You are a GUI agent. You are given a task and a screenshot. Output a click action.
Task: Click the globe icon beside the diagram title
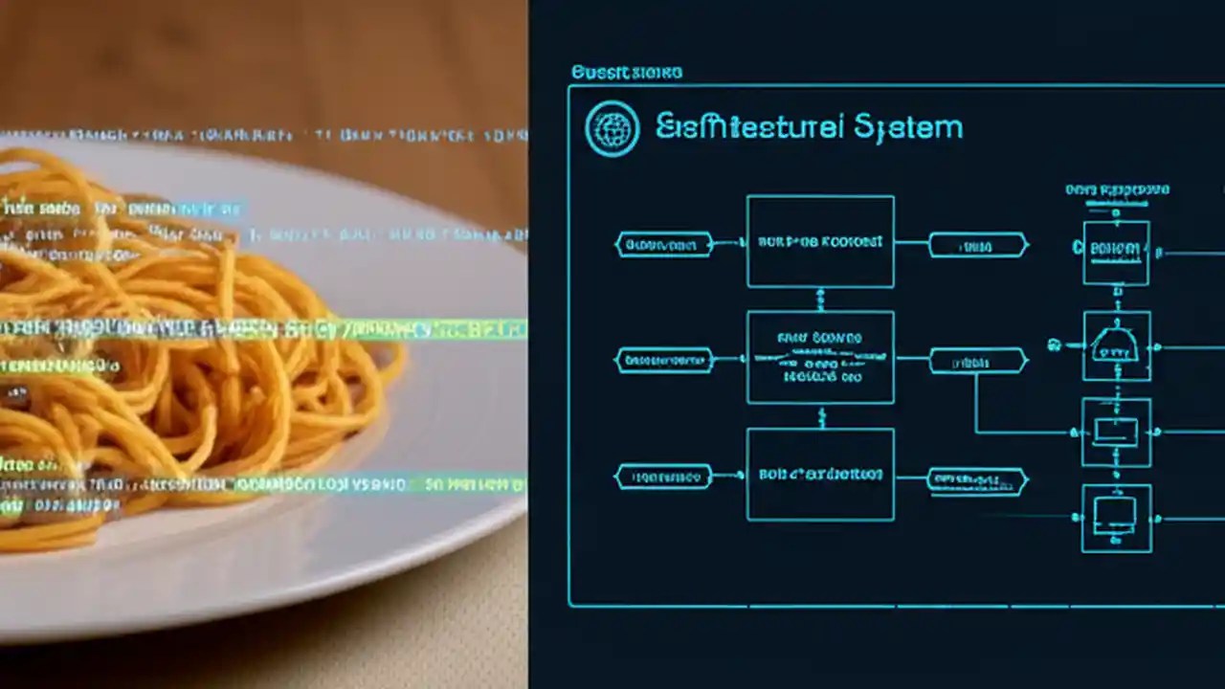[x=612, y=128]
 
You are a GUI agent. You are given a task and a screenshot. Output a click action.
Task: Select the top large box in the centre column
[x=820, y=241]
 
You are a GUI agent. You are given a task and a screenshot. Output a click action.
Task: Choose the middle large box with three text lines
[x=820, y=357]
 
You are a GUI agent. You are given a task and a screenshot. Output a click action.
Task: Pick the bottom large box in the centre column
[x=820, y=475]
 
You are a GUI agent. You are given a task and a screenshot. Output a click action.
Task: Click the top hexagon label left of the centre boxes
[x=663, y=244]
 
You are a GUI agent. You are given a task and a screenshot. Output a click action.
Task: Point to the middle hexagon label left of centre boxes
[x=663, y=361]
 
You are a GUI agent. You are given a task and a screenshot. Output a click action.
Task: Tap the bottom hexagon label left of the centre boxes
[x=663, y=476]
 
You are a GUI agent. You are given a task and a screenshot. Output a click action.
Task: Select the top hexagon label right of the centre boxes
[x=977, y=245]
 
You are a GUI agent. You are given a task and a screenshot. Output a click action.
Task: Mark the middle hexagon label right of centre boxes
[x=977, y=361]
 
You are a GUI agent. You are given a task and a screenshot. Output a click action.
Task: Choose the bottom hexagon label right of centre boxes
[x=977, y=480]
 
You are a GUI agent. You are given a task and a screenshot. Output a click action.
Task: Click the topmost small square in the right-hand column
[x=1116, y=253]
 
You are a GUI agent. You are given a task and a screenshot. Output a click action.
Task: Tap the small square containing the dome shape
[x=1116, y=345]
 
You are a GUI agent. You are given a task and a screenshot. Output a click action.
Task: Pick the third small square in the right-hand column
[x=1116, y=433]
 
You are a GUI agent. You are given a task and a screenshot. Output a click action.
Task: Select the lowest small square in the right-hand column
[x=1116, y=518]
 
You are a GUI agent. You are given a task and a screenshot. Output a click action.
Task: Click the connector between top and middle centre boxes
[x=820, y=300]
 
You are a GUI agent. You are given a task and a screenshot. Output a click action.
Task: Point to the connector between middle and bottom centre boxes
[x=820, y=416]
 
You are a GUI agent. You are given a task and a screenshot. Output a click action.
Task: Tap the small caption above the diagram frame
[x=626, y=73]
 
